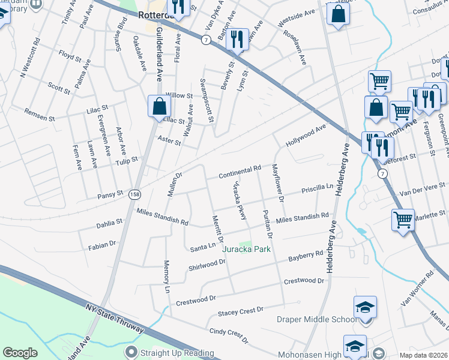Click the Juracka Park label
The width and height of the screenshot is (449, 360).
point(247,249)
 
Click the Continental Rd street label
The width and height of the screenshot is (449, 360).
point(240,172)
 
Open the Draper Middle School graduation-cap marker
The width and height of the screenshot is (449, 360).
point(365,308)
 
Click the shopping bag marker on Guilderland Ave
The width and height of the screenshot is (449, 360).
point(160,107)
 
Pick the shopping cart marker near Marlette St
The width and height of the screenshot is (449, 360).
point(402,219)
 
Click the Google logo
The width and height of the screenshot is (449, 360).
point(20,353)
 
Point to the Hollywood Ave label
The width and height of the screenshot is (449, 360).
point(306,136)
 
